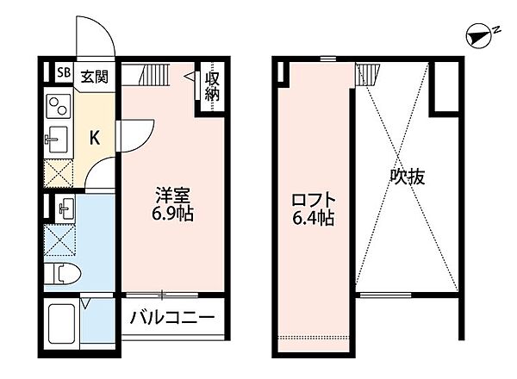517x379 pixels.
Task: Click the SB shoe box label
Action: click(62, 74)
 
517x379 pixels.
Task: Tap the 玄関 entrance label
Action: click(95, 76)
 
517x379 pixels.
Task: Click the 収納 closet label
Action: click(212, 84)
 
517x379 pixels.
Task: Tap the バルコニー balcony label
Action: click(172, 319)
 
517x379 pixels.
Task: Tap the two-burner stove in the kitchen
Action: click(59, 108)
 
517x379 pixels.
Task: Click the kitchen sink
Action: click(58, 138)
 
